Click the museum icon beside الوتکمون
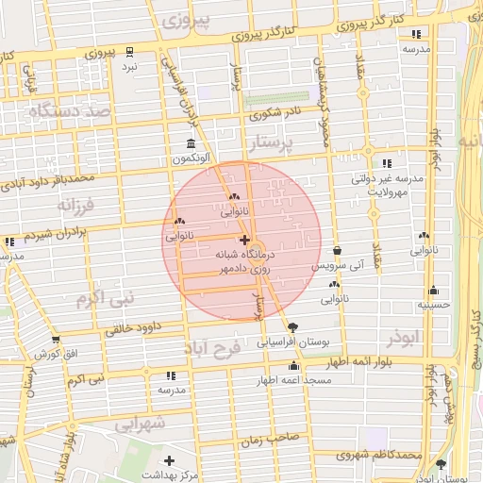pyautogui.click(x=192, y=144)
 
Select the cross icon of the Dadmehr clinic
pyautogui.click(x=245, y=241)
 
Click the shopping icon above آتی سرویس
pyautogui.click(x=338, y=250)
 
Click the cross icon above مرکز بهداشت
pyautogui.click(x=169, y=460)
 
